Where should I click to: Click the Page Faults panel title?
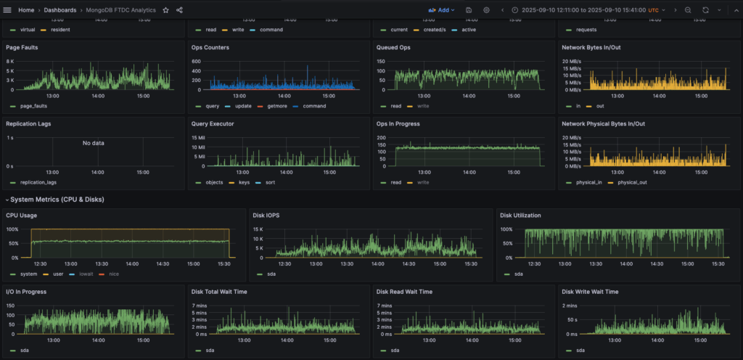click(22, 47)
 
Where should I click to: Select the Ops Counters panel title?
click(210, 47)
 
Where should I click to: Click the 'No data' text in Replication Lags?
click(93, 143)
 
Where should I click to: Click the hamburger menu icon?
click(7, 10)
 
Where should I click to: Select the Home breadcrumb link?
click(26, 10)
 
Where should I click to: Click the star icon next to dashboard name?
click(165, 10)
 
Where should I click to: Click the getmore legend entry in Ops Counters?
click(276, 106)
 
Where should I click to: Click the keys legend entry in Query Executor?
click(243, 182)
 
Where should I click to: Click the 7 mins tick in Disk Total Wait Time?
click(200, 306)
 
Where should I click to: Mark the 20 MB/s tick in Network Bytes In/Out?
click(571, 61)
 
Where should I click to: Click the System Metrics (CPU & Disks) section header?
click(57, 200)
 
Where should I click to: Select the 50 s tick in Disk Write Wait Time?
click(572, 319)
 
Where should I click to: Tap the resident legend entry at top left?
click(59, 30)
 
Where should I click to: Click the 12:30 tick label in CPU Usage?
click(40, 264)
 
